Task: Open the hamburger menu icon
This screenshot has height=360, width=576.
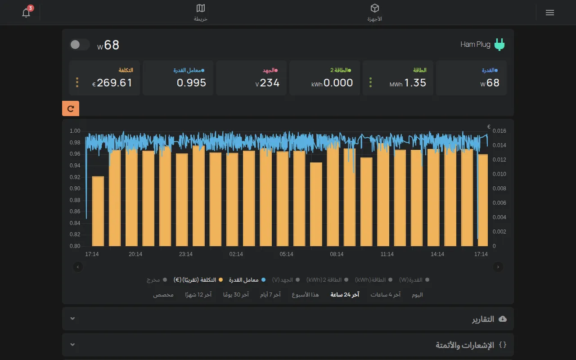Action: [x=550, y=13]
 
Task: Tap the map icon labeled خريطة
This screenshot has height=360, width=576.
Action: [x=201, y=8]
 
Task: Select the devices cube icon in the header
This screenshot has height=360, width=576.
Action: [x=375, y=8]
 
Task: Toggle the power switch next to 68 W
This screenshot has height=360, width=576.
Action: [x=80, y=45]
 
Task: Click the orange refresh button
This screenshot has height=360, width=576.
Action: [x=71, y=108]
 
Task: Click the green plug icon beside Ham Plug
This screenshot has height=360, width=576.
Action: [x=499, y=45]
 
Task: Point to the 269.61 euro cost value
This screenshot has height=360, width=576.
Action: [x=112, y=83]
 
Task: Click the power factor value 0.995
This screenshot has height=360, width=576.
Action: [x=191, y=83]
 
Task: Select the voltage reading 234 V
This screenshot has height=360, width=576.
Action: [x=267, y=83]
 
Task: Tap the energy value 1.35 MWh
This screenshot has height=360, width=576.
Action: [x=408, y=83]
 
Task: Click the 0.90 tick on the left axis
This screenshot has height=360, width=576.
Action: [x=75, y=189]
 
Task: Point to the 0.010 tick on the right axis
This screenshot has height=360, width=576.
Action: [x=499, y=174]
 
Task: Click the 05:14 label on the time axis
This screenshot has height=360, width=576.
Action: [x=286, y=254]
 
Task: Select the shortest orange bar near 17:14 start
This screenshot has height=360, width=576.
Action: [x=98, y=211]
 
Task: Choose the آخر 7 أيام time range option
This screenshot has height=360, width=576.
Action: [x=270, y=295]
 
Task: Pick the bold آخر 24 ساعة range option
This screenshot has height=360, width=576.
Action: [x=345, y=295]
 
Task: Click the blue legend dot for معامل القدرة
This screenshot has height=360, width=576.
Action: [x=263, y=280]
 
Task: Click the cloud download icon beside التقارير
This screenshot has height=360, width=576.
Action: [x=503, y=319]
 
